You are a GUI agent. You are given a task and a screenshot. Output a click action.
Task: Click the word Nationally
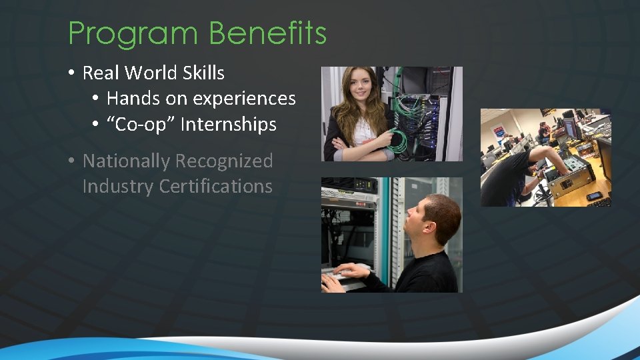126,161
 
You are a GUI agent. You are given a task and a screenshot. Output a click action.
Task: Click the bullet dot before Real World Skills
70,73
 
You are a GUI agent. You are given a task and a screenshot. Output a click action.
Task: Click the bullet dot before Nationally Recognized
70,161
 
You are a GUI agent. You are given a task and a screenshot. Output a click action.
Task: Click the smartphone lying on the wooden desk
593,195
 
